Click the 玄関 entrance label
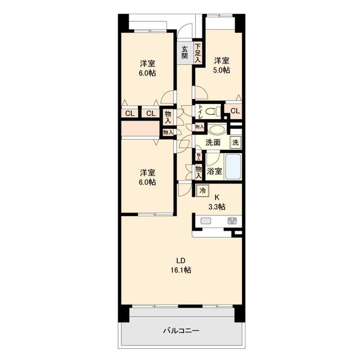tap(184, 52)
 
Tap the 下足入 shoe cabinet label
tap(198, 53)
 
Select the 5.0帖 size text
tap(221, 70)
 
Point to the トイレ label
tap(200, 111)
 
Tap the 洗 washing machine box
tap(236, 142)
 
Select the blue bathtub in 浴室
tap(233, 166)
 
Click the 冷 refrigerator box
tap(202, 191)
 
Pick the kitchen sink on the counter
tap(205, 221)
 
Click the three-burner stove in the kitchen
tap(232, 221)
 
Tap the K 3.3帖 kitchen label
tap(217, 202)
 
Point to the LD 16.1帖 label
tap(181, 265)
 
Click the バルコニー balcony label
tap(181, 331)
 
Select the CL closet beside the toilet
tap(235, 111)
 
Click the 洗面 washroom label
tap(213, 142)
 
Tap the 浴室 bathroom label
tap(214, 171)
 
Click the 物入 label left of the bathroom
tap(199, 173)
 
